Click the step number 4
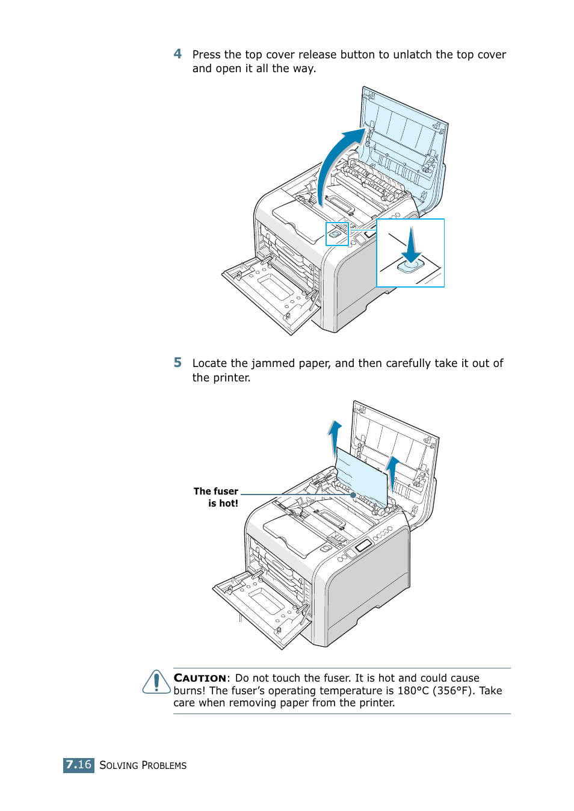177,54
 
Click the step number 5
177,363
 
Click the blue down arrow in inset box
411,247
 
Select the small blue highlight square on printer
337,234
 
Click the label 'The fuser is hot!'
217,498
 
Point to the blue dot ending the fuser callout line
353,495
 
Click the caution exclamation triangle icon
156,682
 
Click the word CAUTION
200,678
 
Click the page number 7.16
79,765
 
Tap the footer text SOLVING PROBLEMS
143,765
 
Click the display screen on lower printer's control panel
363,546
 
